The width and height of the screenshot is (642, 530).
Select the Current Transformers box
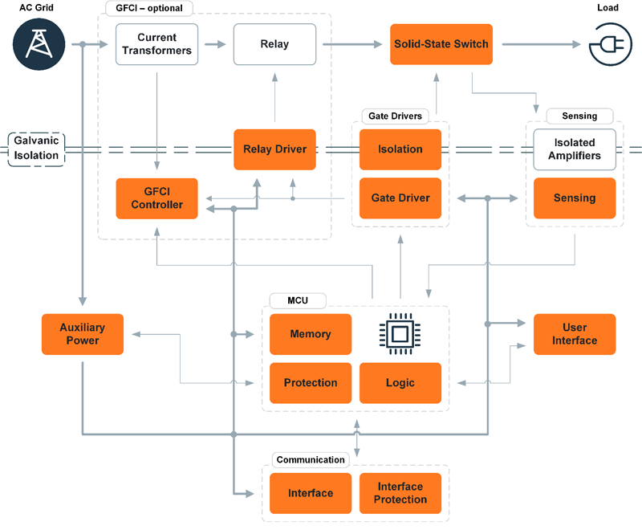coord(156,44)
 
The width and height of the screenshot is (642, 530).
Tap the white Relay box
coord(274,44)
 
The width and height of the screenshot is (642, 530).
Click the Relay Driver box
coord(274,149)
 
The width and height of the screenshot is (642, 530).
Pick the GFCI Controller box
coord(156,198)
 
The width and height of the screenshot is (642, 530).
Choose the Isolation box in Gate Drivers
coord(400,149)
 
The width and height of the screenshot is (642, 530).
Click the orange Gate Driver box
coord(400,198)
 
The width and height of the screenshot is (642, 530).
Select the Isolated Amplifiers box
coord(575,149)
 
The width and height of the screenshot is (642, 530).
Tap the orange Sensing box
coord(575,198)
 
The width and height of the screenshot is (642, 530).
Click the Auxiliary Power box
coord(82,334)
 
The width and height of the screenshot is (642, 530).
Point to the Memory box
coord(310,334)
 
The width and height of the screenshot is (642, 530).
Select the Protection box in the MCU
coord(310,383)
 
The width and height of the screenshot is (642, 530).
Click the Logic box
coord(400,383)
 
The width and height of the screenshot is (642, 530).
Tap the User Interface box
coord(575,334)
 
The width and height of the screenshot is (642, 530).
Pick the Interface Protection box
coord(400,493)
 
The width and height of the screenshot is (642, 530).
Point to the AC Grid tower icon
coord(36,43)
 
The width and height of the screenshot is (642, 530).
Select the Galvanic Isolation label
coord(36,149)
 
